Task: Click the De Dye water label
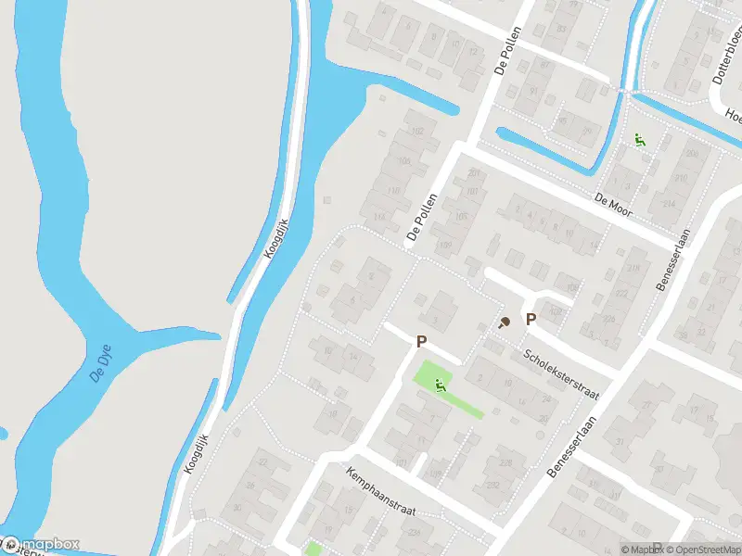100,361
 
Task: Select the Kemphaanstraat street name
381,492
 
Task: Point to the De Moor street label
613,205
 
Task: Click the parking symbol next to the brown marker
531,320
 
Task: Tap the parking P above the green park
422,342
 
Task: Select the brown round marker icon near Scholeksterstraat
505,322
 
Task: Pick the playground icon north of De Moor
639,140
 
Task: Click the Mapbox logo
41,545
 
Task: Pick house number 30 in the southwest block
237,508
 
